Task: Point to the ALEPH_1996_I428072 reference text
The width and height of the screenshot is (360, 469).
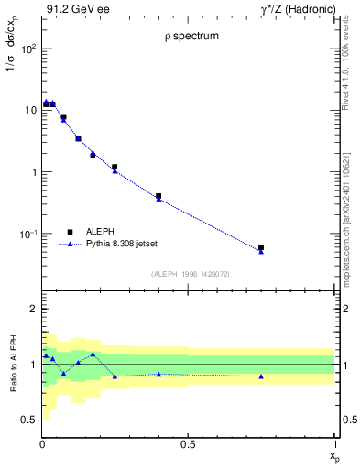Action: [189, 273]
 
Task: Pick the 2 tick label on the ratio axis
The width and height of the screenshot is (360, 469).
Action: [31, 310]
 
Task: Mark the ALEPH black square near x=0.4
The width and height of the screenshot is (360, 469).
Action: [158, 196]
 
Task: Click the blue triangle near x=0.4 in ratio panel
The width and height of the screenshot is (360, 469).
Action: [158, 374]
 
